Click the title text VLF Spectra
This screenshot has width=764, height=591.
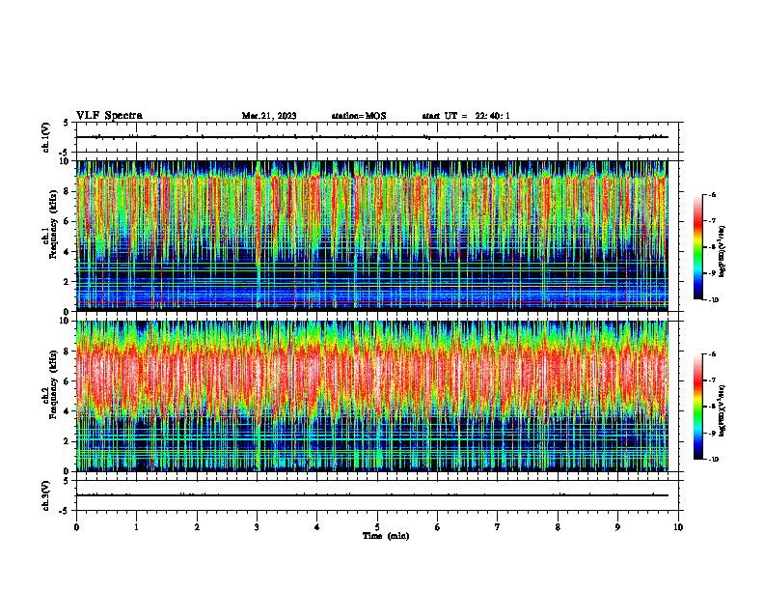[109, 116]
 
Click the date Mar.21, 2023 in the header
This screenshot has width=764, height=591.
[269, 116]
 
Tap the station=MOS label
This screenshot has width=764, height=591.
[358, 116]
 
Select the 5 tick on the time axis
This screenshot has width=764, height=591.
[377, 527]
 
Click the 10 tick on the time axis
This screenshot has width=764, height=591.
[678, 527]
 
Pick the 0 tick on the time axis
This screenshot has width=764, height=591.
[76, 527]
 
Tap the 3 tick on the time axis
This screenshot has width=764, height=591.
[257, 527]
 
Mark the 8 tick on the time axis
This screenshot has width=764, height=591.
[558, 527]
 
